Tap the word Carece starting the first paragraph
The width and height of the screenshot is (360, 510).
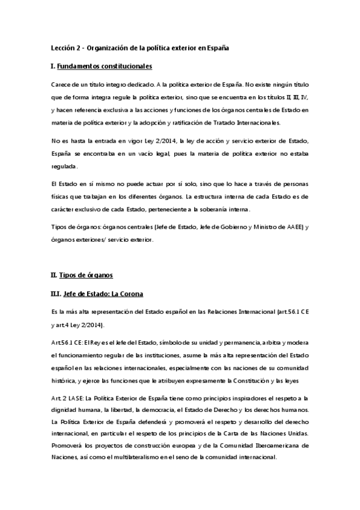pyautogui.click(x=61, y=84)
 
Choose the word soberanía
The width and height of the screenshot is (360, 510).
pyautogui.click(x=215, y=209)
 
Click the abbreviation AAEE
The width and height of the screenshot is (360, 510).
pyautogui.click(x=290, y=226)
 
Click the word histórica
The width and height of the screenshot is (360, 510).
pyautogui.click(x=64, y=381)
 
